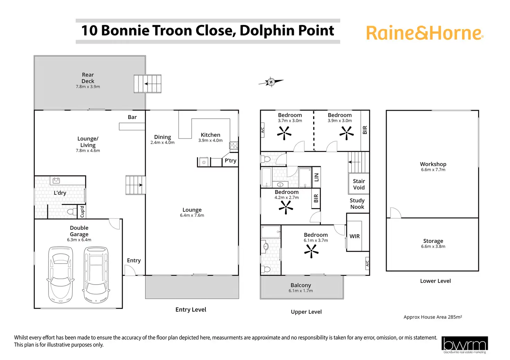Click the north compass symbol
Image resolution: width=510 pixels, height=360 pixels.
[271, 82]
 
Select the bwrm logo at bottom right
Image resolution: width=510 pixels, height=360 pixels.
[465, 345]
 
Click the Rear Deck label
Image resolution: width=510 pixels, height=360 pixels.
[88, 78]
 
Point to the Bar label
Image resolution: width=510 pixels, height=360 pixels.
[132, 117]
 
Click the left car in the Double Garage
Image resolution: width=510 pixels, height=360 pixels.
[60, 274]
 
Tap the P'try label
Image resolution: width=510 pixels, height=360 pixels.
[230, 161]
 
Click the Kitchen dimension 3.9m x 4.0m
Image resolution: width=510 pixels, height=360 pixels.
[210, 141]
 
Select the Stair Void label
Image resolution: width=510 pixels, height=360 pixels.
[359, 184]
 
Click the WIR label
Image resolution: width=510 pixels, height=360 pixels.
[354, 236]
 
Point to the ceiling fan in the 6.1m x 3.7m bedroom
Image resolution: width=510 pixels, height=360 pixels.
[311, 251]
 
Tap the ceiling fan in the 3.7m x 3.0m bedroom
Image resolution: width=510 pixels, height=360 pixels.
[284, 133]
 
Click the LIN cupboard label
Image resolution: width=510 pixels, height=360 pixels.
[316, 177]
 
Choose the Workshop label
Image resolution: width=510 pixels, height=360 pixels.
[433, 164]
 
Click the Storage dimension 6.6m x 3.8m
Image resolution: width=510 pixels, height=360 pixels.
[433, 246]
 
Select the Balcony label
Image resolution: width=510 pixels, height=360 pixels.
[301, 285]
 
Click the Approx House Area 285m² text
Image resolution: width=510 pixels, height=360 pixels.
[433, 317]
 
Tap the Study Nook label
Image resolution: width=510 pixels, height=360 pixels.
[357, 204]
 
